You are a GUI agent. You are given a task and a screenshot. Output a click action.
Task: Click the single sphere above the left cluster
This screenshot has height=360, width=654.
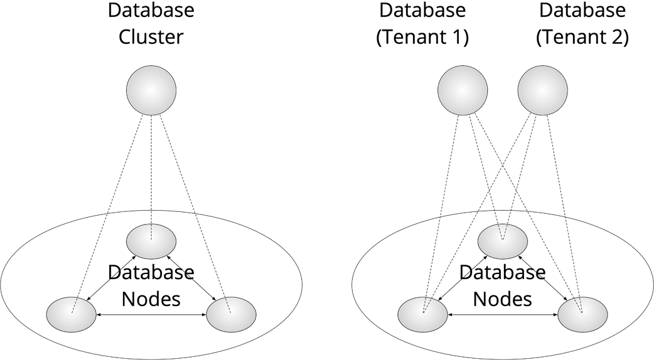pos(151,90)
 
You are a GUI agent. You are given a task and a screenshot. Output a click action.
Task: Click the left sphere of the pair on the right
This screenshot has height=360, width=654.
pos(463,90)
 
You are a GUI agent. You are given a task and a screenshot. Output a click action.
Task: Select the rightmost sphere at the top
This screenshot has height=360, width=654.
pos(543,90)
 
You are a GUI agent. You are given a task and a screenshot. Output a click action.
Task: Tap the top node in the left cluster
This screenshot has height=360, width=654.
pos(151,241)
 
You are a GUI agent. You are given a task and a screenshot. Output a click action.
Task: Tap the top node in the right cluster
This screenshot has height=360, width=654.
pos(503,241)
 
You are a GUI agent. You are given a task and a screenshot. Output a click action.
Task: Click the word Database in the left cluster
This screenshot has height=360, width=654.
pos(151,273)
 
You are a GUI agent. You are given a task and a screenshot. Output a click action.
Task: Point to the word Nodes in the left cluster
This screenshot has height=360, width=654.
pos(151,299)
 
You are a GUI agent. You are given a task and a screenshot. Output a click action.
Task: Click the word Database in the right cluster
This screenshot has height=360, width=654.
pos(503,273)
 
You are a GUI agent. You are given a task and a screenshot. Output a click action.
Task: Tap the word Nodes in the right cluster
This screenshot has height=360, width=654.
pos(503,299)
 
